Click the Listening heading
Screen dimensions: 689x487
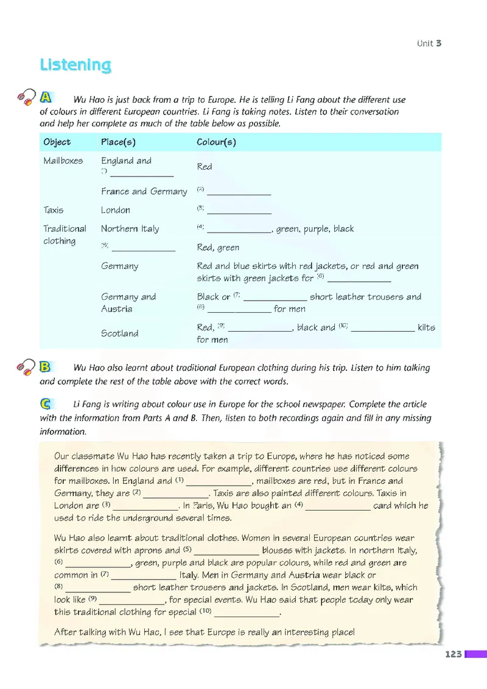pyautogui.click(x=75, y=65)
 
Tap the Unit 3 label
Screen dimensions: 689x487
pyautogui.click(x=429, y=43)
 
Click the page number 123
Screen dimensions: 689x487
pyautogui.click(x=454, y=654)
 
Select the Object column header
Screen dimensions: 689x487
pyautogui.click(x=57, y=142)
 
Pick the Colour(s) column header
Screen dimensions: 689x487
pyautogui.click(x=216, y=142)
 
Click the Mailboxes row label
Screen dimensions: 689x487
pyautogui.click(x=63, y=161)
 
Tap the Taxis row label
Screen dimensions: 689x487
pyautogui.click(x=53, y=210)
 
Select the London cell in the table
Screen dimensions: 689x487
pyautogui.click(x=116, y=210)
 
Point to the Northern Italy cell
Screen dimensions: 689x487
pyautogui.click(x=130, y=229)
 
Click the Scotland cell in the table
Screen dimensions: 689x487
pyautogui.click(x=119, y=334)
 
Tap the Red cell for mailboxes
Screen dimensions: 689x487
pyautogui.click(x=205, y=167)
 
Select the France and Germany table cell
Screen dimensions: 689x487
pyautogui.click(x=144, y=191)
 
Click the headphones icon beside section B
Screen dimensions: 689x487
pyautogui.click(x=26, y=367)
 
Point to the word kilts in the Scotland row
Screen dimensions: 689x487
pyautogui.click(x=426, y=327)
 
